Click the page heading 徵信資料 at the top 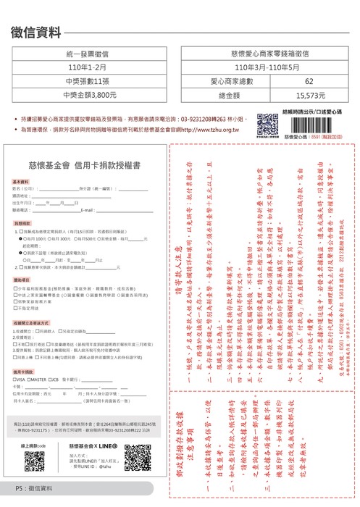coord(37,32)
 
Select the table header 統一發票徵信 coord(91,54)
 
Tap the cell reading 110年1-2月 coord(91,68)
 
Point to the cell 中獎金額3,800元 coord(91,94)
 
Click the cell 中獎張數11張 coord(91,81)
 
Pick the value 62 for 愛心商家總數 coord(309,81)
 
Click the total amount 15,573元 coord(309,94)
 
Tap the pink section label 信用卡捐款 coord(22,370)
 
